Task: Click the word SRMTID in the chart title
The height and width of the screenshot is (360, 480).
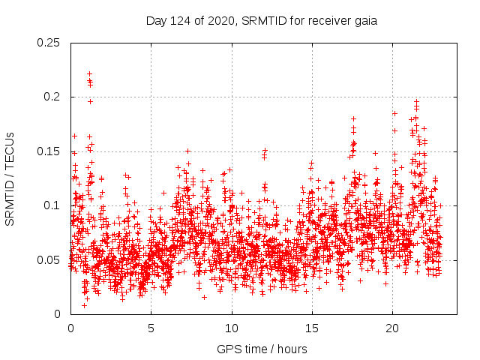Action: coord(264,21)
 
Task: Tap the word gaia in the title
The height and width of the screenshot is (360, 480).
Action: coord(364,21)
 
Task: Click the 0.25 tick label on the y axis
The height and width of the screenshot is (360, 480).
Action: coord(50,43)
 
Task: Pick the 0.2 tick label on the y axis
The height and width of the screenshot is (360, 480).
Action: coord(53,97)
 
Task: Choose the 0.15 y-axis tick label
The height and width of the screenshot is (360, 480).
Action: coord(50,151)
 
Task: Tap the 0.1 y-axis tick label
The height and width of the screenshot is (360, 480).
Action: coord(53,205)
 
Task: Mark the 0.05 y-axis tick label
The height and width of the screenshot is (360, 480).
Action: coord(50,260)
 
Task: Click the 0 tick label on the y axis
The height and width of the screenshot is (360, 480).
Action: coord(59,314)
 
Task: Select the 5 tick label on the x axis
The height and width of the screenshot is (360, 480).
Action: coord(151,328)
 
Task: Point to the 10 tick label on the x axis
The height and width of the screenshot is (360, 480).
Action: coord(232,328)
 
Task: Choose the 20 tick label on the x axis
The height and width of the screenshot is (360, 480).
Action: coord(392,328)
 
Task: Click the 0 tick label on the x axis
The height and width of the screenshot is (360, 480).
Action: coord(70,328)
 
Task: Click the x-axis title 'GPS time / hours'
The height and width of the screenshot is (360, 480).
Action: coord(262,349)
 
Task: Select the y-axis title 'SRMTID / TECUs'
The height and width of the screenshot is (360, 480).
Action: coord(10,178)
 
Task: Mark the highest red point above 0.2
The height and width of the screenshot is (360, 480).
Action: coord(89,73)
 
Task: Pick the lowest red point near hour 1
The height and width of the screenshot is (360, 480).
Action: coord(84,304)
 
